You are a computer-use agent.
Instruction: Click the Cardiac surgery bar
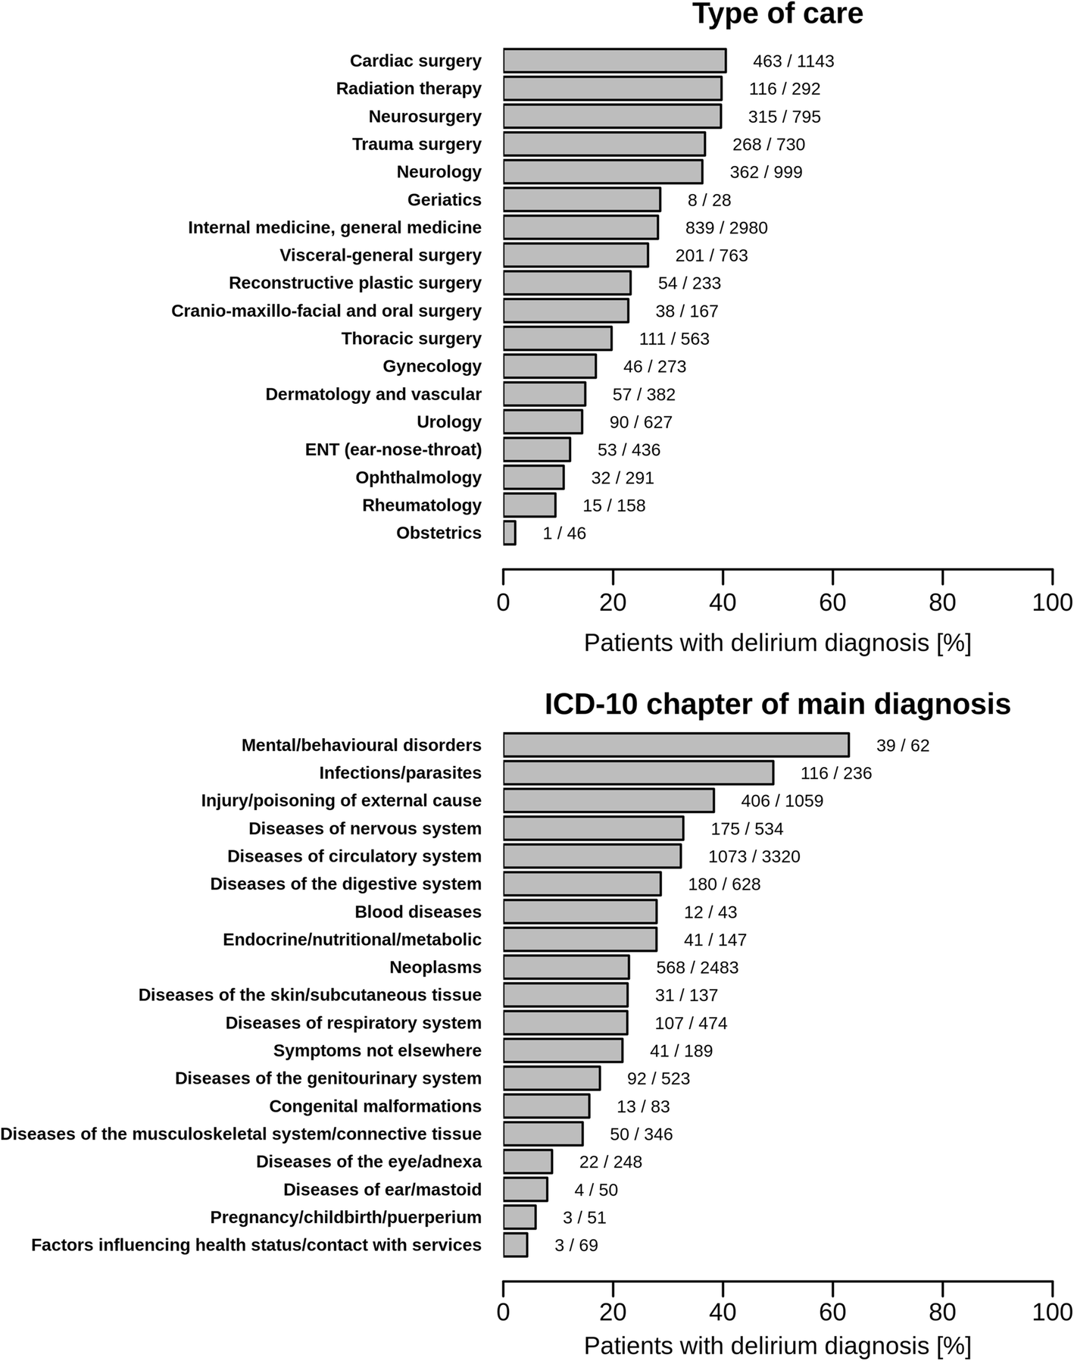[x=614, y=61]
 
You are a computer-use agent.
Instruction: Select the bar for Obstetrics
[x=510, y=533]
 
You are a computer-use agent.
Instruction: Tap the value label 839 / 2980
[x=716, y=227]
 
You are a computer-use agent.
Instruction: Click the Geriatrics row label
[x=444, y=200]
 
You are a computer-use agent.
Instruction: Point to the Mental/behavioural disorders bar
[x=676, y=745]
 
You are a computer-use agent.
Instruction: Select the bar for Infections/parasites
[x=638, y=773]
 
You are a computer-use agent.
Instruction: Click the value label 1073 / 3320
[x=754, y=856]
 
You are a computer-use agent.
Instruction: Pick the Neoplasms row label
[x=435, y=968]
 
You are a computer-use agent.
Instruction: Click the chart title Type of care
[x=777, y=14]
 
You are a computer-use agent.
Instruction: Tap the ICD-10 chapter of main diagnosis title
[x=777, y=704]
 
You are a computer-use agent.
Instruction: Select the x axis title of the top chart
[x=777, y=643]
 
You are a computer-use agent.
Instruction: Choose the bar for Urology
[x=542, y=421]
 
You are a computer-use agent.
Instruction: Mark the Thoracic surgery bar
[x=557, y=339]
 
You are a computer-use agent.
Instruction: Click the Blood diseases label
[x=417, y=912]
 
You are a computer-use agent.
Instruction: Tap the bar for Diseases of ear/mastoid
[x=525, y=1190]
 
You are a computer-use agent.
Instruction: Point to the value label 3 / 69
[x=576, y=1245]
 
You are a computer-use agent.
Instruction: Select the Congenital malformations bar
[x=546, y=1106]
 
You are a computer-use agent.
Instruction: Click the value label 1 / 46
[x=564, y=533]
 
